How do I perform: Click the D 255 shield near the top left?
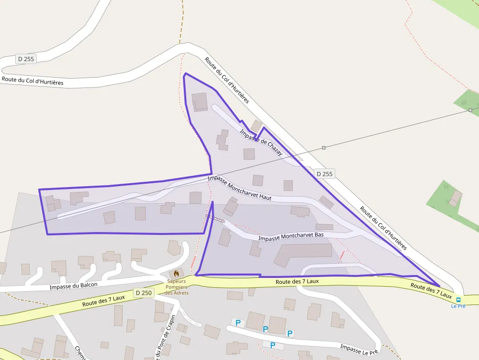click(x=26, y=59)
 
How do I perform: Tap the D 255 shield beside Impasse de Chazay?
click(x=324, y=173)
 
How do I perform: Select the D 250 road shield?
click(x=144, y=293)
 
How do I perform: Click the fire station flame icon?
click(x=176, y=273)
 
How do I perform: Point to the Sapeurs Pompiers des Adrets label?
click(x=176, y=287)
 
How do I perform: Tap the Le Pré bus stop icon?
click(x=458, y=299)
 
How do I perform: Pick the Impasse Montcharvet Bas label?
click(x=291, y=236)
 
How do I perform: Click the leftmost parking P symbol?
click(x=238, y=322)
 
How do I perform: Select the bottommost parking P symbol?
click(x=273, y=345)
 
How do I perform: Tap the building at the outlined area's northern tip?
click(x=199, y=102)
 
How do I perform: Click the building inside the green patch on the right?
click(x=456, y=198)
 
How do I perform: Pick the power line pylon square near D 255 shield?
click(x=324, y=148)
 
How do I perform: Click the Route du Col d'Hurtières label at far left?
click(x=33, y=81)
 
